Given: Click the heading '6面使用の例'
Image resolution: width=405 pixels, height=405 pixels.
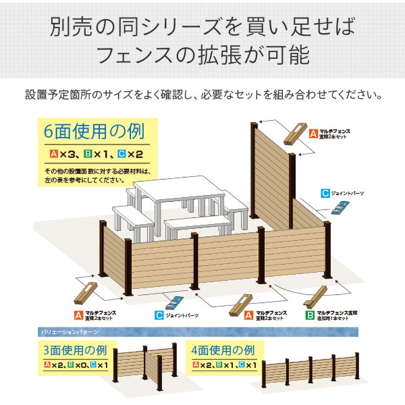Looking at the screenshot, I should [95, 132].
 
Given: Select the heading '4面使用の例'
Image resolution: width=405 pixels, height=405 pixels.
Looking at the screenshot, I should [223, 350].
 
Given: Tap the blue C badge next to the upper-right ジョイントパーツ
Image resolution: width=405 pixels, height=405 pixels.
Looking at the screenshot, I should [326, 193].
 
